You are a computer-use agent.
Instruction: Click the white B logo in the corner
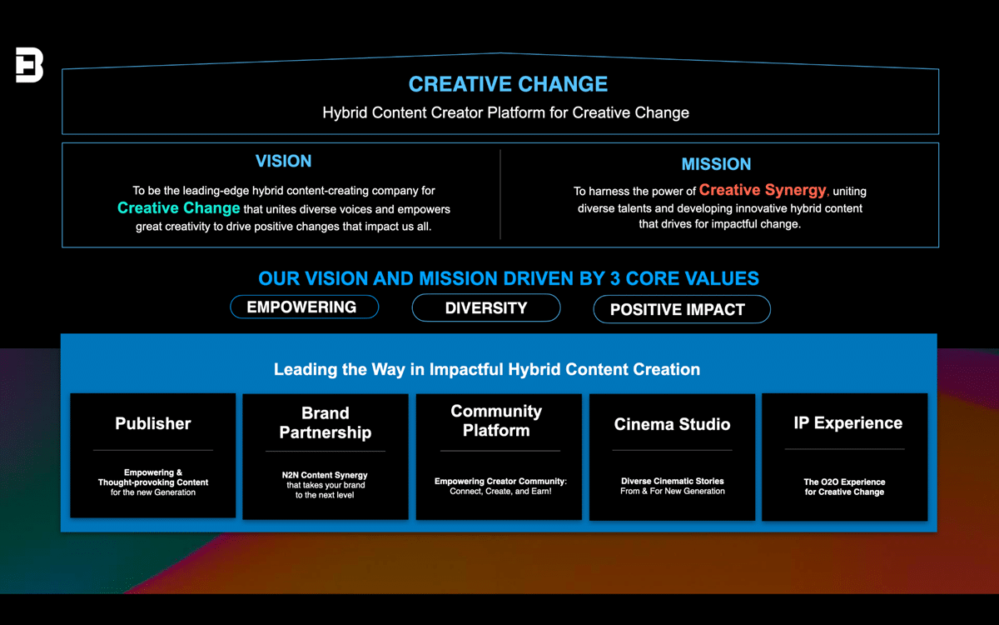pyautogui.click(x=29, y=65)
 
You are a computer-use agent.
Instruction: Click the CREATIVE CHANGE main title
pyautogui.click(x=508, y=84)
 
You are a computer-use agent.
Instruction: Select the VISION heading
pyautogui.click(x=283, y=161)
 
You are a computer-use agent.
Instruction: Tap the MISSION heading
pyautogui.click(x=716, y=164)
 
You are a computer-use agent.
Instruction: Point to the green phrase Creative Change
pyautogui.click(x=178, y=208)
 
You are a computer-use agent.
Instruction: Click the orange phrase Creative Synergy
pyautogui.click(x=763, y=190)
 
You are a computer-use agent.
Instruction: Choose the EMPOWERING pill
pyautogui.click(x=304, y=307)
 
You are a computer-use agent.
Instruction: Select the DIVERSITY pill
pyautogui.click(x=486, y=308)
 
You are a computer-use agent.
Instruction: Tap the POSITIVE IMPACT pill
pyautogui.click(x=682, y=309)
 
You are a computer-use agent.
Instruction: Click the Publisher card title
pyautogui.click(x=153, y=423)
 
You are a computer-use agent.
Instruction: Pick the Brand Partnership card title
pyautogui.click(x=326, y=422)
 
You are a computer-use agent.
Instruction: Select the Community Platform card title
pyautogui.click(x=496, y=421)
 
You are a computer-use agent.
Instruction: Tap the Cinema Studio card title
pyautogui.click(x=672, y=424)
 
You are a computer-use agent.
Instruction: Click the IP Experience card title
pyautogui.click(x=847, y=422)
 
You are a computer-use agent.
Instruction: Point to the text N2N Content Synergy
pyautogui.click(x=325, y=475)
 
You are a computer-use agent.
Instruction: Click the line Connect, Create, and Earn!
pyautogui.click(x=500, y=491)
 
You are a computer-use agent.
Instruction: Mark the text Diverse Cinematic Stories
pyautogui.click(x=673, y=481)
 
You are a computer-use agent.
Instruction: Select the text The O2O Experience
pyautogui.click(x=844, y=482)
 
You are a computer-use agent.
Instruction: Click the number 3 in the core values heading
pyautogui.click(x=615, y=278)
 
